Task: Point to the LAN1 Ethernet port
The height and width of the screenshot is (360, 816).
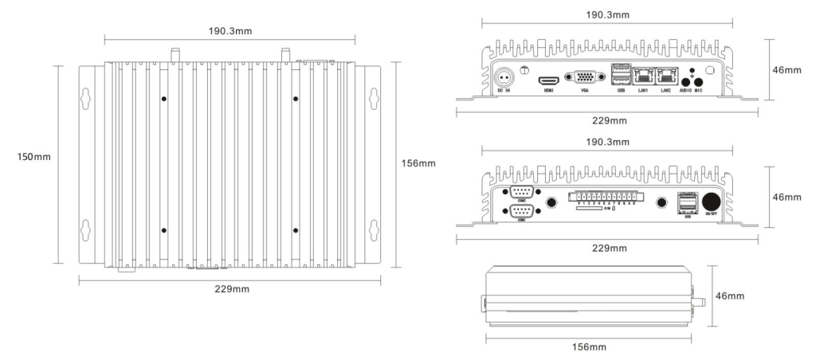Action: (x=643, y=77)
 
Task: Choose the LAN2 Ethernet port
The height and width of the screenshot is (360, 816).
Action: (x=666, y=77)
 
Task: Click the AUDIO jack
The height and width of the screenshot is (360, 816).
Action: (x=685, y=80)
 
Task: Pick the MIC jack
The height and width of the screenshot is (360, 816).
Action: (x=699, y=80)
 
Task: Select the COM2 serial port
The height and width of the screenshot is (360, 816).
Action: (x=523, y=191)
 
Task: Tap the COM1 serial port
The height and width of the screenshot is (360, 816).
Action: (x=523, y=210)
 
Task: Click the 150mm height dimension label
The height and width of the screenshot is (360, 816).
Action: (x=34, y=156)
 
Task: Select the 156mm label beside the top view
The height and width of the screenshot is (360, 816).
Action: (x=418, y=163)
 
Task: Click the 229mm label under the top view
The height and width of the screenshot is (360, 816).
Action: (x=230, y=288)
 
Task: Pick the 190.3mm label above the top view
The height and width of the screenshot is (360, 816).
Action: (x=231, y=30)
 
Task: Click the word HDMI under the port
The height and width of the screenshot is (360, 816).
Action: (x=548, y=92)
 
